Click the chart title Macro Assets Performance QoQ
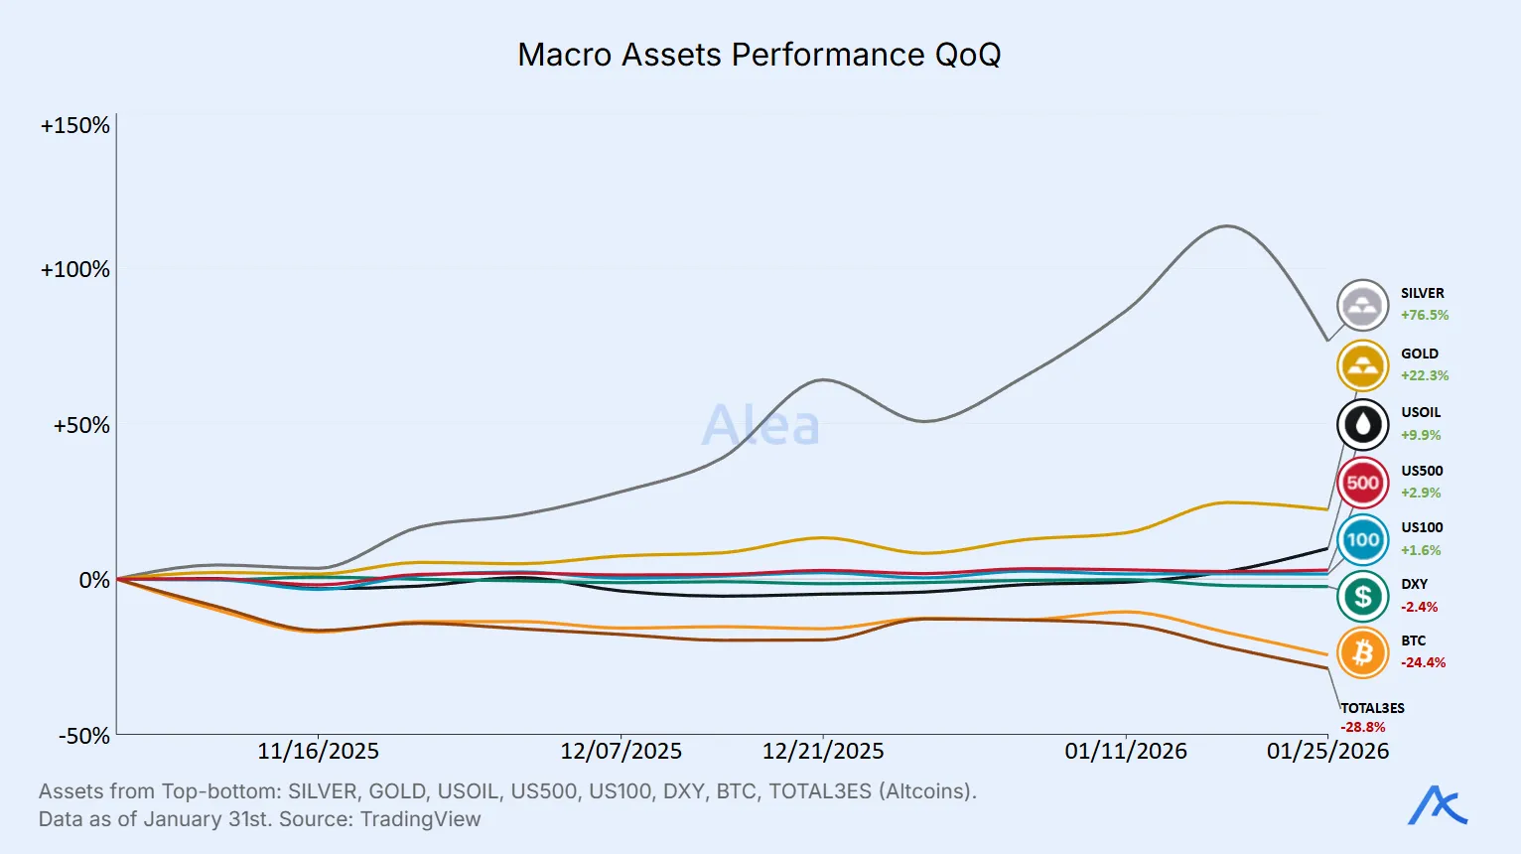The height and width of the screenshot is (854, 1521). point(760,55)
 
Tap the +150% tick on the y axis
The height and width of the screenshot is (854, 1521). point(75,126)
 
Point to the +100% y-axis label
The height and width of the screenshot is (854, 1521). point(75,270)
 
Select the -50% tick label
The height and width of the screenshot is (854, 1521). point(84,736)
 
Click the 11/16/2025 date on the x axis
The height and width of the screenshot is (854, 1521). point(318,751)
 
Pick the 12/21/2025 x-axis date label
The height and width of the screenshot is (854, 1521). point(823,751)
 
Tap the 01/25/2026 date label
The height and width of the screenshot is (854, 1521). point(1327,751)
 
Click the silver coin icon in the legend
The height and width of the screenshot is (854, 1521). point(1362,306)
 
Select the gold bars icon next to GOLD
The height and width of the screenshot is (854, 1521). point(1362,366)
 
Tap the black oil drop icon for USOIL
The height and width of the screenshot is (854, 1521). point(1362,425)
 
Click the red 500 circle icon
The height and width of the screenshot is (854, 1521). point(1362,484)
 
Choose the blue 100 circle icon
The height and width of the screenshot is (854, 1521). point(1362,540)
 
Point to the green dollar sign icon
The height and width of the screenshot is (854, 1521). point(1362,597)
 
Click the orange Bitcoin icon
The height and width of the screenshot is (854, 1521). point(1362,653)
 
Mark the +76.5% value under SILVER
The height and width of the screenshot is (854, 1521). point(1425,316)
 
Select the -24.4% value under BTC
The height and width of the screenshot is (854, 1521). point(1423,662)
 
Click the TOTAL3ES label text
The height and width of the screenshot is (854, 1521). point(1372,708)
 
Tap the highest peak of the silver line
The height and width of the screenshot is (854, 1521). point(1227,226)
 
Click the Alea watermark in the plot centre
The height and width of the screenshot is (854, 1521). point(760,425)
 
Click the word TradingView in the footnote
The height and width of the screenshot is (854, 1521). point(420,819)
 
